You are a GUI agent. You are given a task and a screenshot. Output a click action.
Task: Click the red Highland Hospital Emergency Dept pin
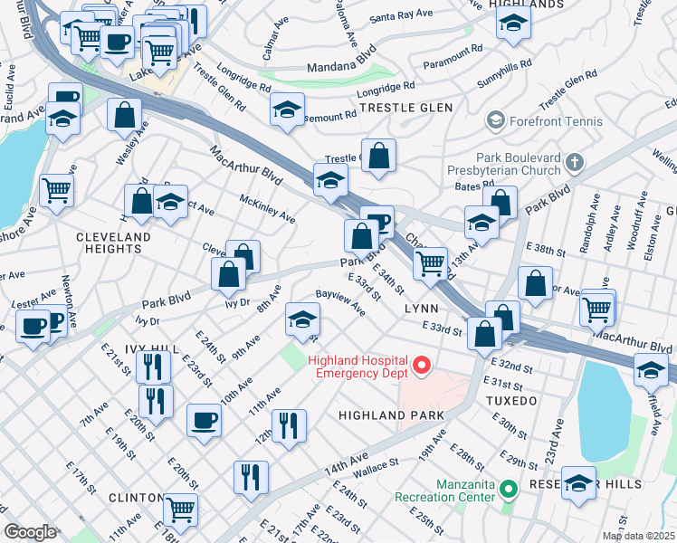click(420, 367)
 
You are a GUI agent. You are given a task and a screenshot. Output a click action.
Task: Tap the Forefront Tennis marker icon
click(495, 119)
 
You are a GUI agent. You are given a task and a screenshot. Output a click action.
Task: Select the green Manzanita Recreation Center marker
click(508, 491)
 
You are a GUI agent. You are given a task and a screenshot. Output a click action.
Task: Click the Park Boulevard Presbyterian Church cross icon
click(572, 164)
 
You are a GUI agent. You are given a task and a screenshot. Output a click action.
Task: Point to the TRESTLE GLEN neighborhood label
click(405, 108)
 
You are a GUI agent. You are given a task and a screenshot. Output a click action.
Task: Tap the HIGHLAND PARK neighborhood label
click(391, 415)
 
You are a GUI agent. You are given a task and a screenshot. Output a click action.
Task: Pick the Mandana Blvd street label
click(339, 66)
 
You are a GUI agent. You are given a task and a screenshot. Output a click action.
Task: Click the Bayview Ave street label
click(340, 301)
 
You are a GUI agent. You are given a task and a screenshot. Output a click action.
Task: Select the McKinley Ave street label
click(267, 209)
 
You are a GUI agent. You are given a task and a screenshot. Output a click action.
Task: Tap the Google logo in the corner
click(30, 532)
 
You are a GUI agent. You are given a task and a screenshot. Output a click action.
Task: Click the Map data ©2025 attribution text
click(637, 536)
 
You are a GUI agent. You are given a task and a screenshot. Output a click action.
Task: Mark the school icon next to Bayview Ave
click(302, 318)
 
